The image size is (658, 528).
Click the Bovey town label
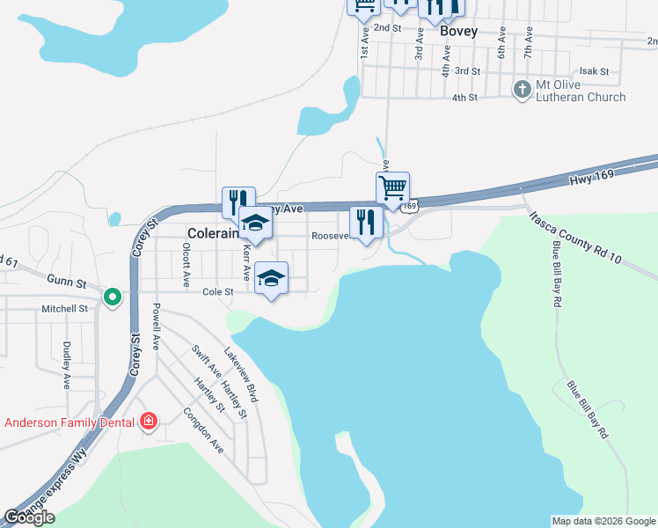click(458, 31)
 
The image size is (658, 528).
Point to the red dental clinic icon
click(148, 422)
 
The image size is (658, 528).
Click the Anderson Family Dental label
click(69, 422)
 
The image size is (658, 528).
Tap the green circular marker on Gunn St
click(112, 297)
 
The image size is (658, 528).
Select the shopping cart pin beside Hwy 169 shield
click(392, 187)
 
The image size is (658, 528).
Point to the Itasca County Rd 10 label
click(577, 237)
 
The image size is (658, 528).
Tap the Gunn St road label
click(67, 283)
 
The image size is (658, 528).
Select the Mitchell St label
click(65, 309)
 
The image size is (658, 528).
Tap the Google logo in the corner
click(29, 517)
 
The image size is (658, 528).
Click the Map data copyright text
click(603, 521)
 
